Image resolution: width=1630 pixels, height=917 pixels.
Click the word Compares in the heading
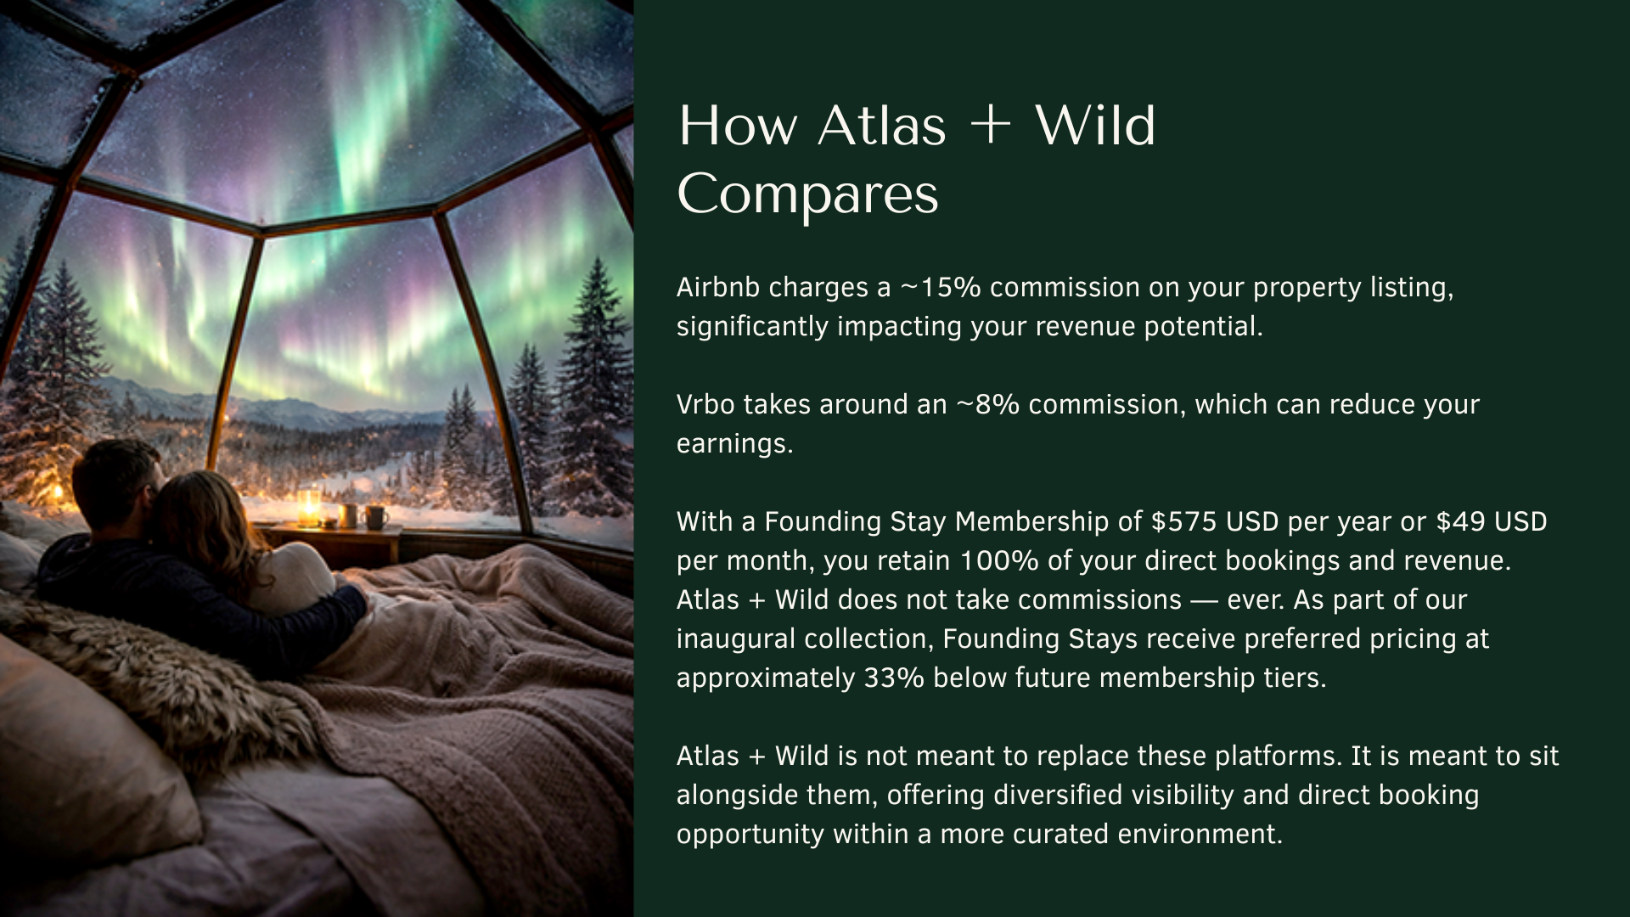808,195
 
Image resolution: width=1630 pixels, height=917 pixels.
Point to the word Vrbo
705,405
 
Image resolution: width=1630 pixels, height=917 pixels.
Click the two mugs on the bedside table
361,515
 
